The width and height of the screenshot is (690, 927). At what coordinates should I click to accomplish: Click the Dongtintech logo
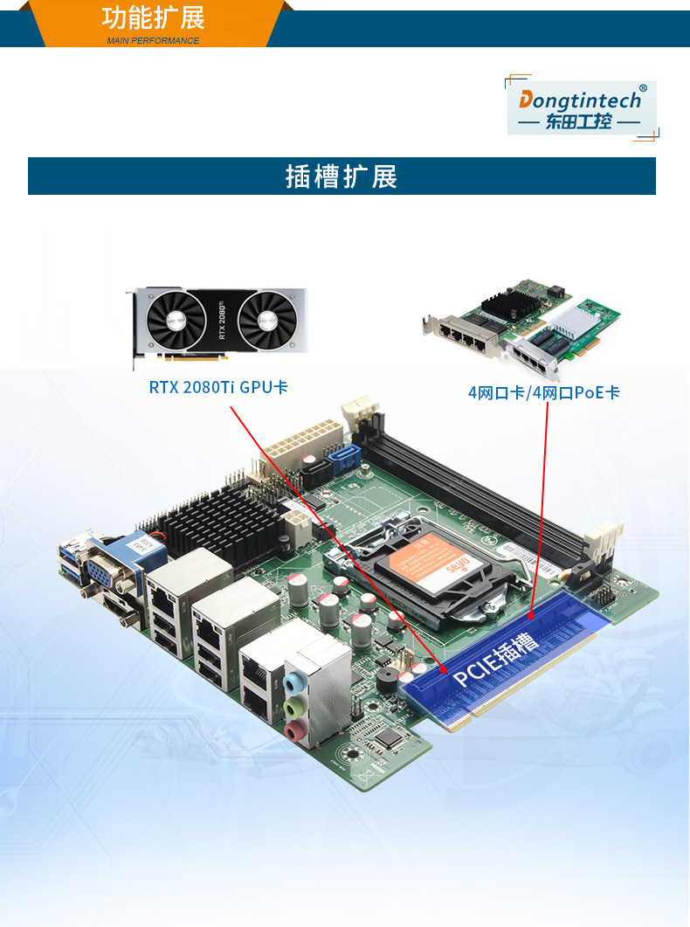pos(582,107)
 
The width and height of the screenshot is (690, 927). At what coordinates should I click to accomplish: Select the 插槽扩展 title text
pos(342,176)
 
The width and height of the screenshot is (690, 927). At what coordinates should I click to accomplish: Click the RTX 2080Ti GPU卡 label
pos(217,386)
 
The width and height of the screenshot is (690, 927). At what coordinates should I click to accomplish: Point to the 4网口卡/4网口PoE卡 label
pos(543,392)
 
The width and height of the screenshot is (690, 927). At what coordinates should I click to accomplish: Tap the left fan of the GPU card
pos(178,322)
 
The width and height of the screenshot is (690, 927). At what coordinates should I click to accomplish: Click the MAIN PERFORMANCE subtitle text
pos(153,41)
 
